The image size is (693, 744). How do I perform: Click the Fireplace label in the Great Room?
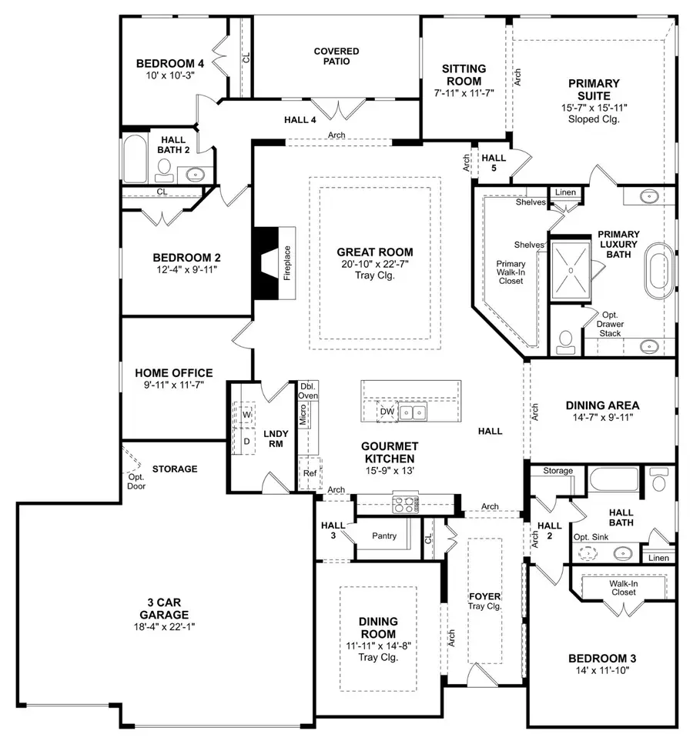(286, 262)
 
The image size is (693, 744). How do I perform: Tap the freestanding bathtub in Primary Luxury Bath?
(659, 271)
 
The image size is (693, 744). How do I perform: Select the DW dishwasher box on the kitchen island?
(387, 412)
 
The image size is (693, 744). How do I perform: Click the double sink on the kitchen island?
(414, 413)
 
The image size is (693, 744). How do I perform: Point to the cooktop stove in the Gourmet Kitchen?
(405, 505)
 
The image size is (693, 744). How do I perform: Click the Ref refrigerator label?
(310, 473)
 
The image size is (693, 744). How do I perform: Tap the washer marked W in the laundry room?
(247, 415)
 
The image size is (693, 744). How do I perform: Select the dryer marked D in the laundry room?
(247, 442)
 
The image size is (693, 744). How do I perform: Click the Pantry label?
(383, 535)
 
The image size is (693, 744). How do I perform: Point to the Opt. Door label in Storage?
(137, 481)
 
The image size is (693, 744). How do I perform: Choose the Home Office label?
(174, 373)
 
